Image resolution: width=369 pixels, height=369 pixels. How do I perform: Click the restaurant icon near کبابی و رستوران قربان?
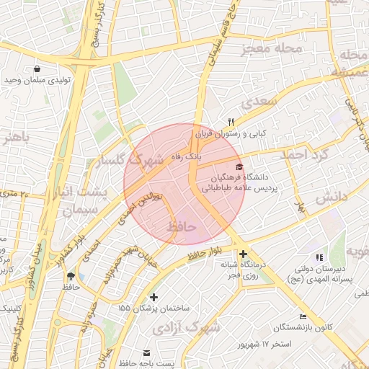(x=231, y=122)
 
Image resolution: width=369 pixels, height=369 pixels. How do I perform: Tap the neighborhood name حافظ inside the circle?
(x=182, y=227)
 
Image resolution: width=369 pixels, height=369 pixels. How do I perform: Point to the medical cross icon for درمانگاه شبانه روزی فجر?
(x=243, y=254)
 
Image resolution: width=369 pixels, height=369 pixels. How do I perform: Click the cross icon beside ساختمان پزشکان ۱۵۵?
(x=153, y=297)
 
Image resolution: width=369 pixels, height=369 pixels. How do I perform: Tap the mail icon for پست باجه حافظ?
(x=147, y=353)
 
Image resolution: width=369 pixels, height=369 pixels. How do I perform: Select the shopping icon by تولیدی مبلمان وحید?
(x=36, y=69)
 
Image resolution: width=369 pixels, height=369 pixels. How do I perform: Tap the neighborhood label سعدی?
(x=260, y=102)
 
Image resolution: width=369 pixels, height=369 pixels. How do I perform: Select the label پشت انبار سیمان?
(x=85, y=201)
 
